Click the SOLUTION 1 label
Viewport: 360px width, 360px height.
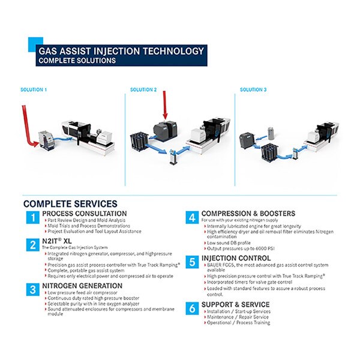(33, 90)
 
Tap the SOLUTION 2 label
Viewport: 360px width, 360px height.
(143, 90)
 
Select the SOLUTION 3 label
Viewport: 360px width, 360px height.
(253, 90)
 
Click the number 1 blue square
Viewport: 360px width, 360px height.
(31, 218)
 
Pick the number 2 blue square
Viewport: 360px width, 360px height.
(31, 244)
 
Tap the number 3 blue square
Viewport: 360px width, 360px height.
(31, 290)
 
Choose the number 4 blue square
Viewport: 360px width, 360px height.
(192, 218)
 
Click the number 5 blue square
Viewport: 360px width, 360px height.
(192, 262)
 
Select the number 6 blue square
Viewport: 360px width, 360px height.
(192, 308)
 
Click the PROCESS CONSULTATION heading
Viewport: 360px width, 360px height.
(84, 214)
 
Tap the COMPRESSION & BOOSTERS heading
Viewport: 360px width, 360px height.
(248, 214)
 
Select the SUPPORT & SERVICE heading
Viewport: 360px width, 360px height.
(235, 305)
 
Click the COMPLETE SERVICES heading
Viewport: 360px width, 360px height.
(70, 204)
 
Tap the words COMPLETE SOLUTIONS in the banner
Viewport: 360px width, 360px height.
(77, 61)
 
